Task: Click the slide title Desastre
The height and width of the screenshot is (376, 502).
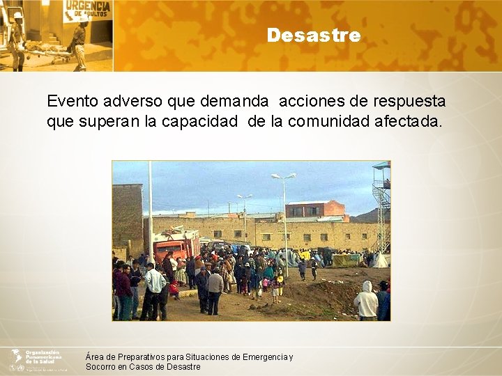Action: coord(313,35)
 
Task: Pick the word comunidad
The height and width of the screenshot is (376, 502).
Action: coord(321,121)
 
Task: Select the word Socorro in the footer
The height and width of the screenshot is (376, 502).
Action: coord(102,367)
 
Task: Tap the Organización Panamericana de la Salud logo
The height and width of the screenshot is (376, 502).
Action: coord(38,360)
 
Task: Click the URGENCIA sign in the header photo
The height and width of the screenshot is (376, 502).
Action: coord(86,11)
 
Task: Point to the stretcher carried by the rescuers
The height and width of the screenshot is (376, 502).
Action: coord(46,50)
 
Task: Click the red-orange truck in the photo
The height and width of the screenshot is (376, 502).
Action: coord(175,245)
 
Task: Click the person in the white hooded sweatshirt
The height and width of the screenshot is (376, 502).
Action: coord(365,301)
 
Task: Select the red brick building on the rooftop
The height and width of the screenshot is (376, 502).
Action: coord(314,208)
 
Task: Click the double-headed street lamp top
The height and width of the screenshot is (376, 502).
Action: coord(283,177)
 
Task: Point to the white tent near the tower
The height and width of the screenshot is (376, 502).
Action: coord(379,261)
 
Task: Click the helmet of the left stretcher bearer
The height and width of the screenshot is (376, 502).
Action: coord(18,15)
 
